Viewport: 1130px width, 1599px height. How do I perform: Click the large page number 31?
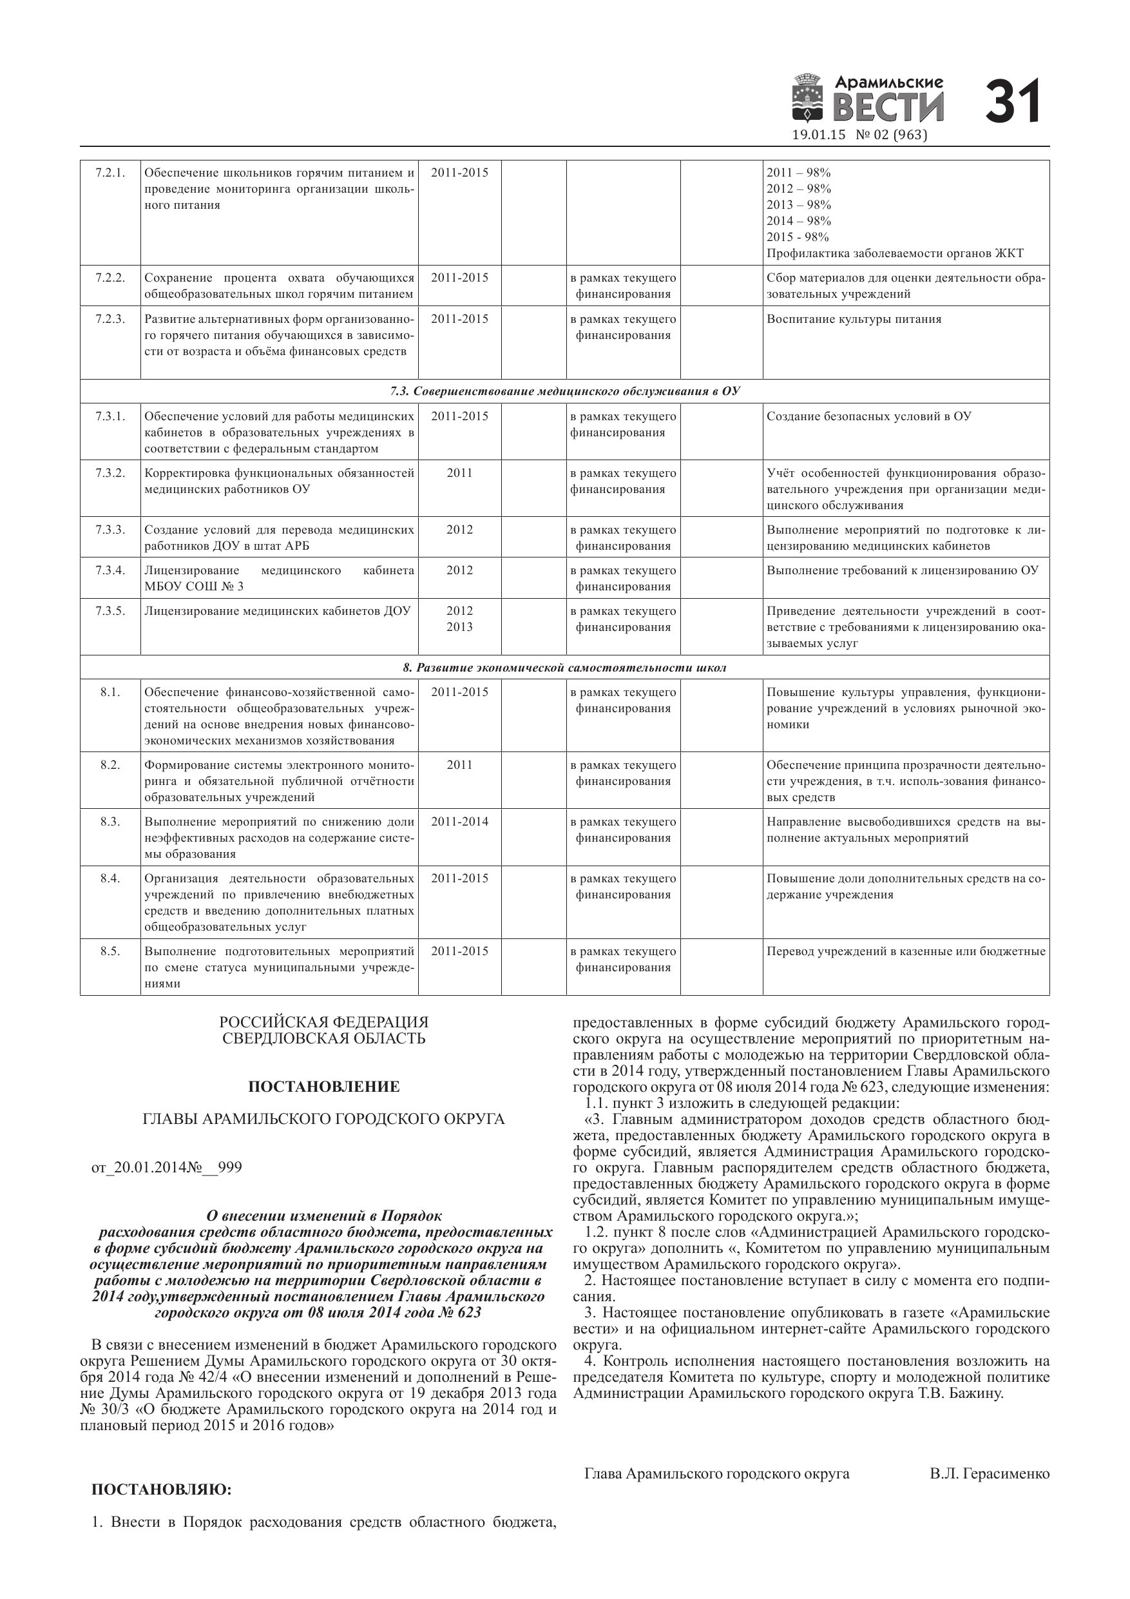coord(1013,102)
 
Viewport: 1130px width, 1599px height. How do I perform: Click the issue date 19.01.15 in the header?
coord(819,135)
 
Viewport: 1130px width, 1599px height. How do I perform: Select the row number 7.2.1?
coord(110,172)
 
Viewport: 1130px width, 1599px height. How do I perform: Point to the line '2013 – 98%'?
coord(799,205)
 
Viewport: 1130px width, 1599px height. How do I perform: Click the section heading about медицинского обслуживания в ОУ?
coord(564,391)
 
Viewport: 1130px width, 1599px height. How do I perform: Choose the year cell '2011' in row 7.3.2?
coord(459,473)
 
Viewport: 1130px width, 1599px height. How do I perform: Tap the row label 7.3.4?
coord(110,570)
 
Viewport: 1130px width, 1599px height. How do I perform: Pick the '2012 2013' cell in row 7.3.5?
coord(459,619)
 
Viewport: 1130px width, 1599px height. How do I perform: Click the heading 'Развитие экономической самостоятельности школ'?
coord(564,668)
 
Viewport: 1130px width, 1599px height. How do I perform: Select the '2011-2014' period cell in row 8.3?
coord(459,822)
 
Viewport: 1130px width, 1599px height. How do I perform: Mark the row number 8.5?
coord(110,951)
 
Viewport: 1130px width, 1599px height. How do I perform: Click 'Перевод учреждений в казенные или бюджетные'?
coord(906,951)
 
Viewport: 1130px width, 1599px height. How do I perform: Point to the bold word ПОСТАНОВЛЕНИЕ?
coord(324,1087)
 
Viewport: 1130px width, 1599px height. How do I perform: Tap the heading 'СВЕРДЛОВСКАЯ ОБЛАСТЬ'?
coord(324,1039)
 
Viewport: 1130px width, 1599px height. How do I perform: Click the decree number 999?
coord(230,1168)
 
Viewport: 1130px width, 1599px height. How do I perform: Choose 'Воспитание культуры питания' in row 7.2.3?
coord(854,320)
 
